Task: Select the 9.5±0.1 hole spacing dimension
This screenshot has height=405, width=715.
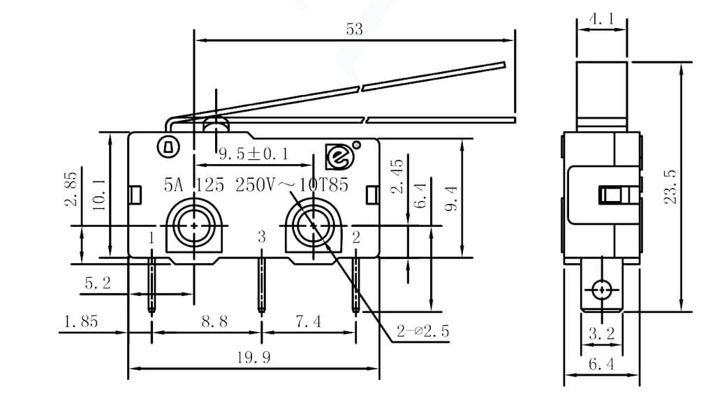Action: [x=254, y=152]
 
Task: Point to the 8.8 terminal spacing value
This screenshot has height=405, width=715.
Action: [x=214, y=321]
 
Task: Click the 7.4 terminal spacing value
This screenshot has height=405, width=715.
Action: [x=308, y=321]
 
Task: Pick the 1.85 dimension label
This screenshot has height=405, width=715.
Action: [x=81, y=321]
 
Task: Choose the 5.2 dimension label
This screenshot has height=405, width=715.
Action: [x=97, y=283]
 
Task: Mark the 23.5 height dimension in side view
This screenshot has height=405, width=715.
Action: [x=670, y=187]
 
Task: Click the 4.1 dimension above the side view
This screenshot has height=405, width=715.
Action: [x=601, y=20]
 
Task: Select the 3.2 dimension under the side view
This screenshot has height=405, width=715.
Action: [x=601, y=334]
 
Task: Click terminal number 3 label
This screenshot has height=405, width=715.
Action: [x=262, y=237]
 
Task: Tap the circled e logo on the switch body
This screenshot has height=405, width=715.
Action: [x=339, y=157]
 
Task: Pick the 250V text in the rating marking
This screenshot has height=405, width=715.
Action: [x=256, y=185]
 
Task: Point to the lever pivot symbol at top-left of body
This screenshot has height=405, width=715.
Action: [x=168, y=147]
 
